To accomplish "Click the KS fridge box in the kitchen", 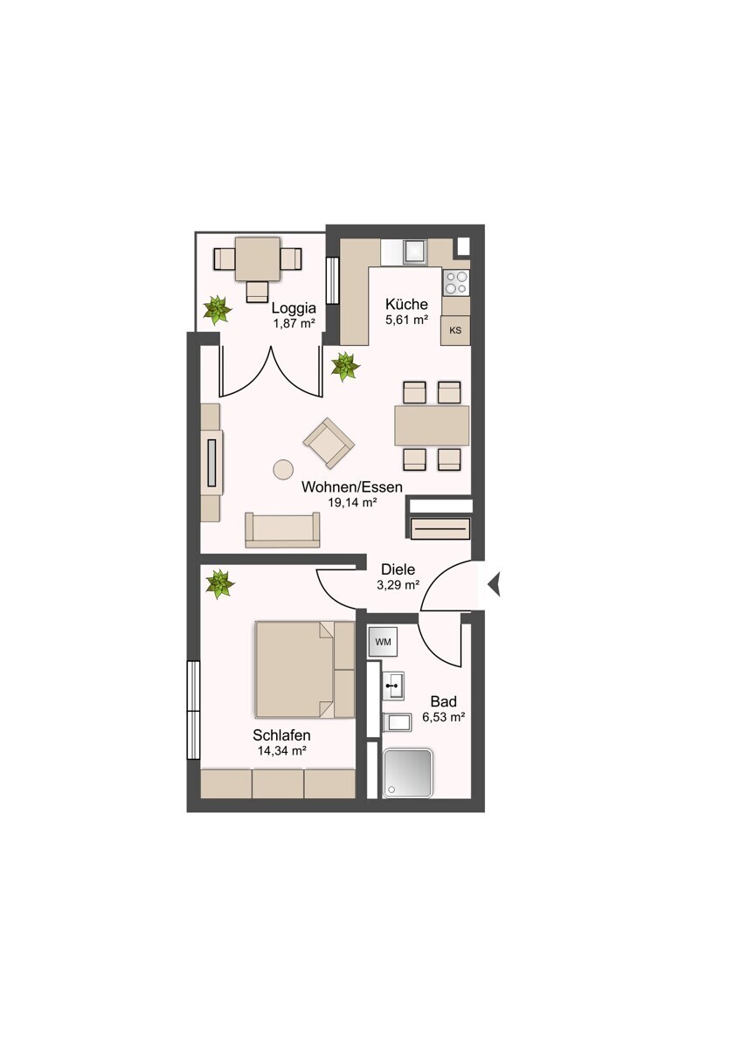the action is (x=455, y=330).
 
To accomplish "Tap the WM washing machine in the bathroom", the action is (x=383, y=642).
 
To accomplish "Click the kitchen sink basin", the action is (x=415, y=251).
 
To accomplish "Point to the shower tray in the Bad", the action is (x=407, y=774).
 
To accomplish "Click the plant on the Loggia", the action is (x=218, y=309).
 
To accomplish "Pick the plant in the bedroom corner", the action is (x=219, y=584).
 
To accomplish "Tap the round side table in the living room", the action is (x=283, y=469).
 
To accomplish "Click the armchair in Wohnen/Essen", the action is (x=329, y=443).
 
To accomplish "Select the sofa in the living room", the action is (x=282, y=529).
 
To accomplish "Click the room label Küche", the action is (x=406, y=304).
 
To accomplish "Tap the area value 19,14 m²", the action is (x=352, y=502).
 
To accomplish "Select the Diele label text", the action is (x=398, y=569).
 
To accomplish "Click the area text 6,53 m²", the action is (x=443, y=717).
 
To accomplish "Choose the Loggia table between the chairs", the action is (x=258, y=259).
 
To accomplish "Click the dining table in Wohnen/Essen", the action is (x=432, y=426).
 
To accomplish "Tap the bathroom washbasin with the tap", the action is (x=393, y=686).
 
